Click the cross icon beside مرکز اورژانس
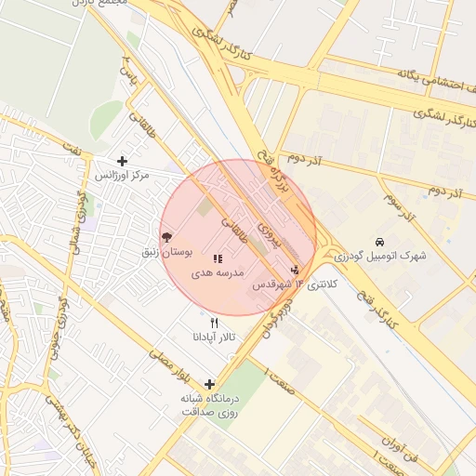(122, 161)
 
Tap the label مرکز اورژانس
(122, 175)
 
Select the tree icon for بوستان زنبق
(166, 238)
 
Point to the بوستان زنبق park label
(166, 253)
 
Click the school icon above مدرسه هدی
(218, 259)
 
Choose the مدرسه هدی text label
(218, 273)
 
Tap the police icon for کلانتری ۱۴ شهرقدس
(296, 271)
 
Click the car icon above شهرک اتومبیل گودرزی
(379, 241)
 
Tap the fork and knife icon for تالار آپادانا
(215, 323)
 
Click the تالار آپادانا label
(215, 337)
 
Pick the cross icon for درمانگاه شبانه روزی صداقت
(209, 384)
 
